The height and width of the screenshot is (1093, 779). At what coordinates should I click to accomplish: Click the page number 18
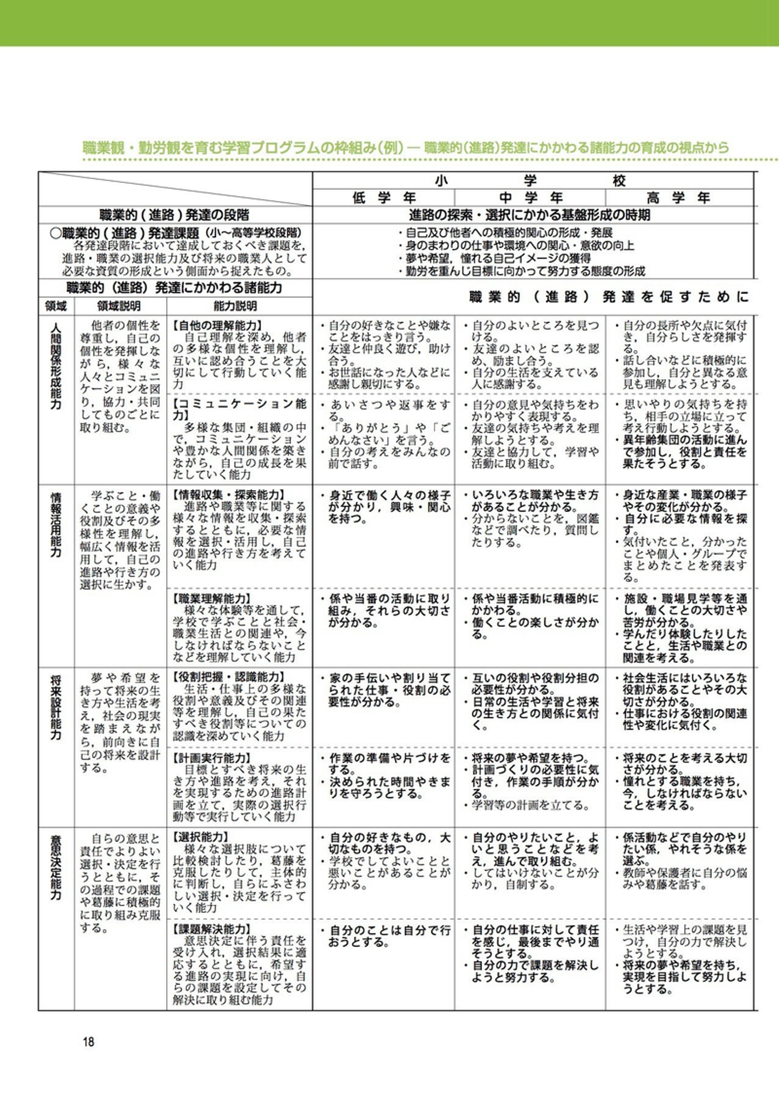tap(89, 1041)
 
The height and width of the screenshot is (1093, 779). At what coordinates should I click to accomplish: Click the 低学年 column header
tap(383, 198)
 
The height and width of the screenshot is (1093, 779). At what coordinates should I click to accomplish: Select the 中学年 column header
tap(530, 198)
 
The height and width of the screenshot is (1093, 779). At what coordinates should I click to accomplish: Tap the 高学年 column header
tap(678, 198)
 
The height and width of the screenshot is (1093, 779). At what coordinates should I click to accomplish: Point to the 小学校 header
tap(530, 181)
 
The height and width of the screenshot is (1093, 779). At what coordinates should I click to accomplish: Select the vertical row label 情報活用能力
tap(56, 524)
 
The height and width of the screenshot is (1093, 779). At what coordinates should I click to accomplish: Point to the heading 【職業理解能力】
tap(212, 599)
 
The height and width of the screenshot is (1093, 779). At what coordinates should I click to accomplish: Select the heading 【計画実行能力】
tap(212, 758)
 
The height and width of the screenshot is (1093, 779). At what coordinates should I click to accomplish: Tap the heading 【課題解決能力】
tap(212, 930)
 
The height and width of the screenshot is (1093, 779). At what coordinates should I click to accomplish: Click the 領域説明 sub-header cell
tap(119, 306)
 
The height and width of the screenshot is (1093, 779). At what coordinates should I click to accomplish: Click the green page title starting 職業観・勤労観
tap(406, 147)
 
